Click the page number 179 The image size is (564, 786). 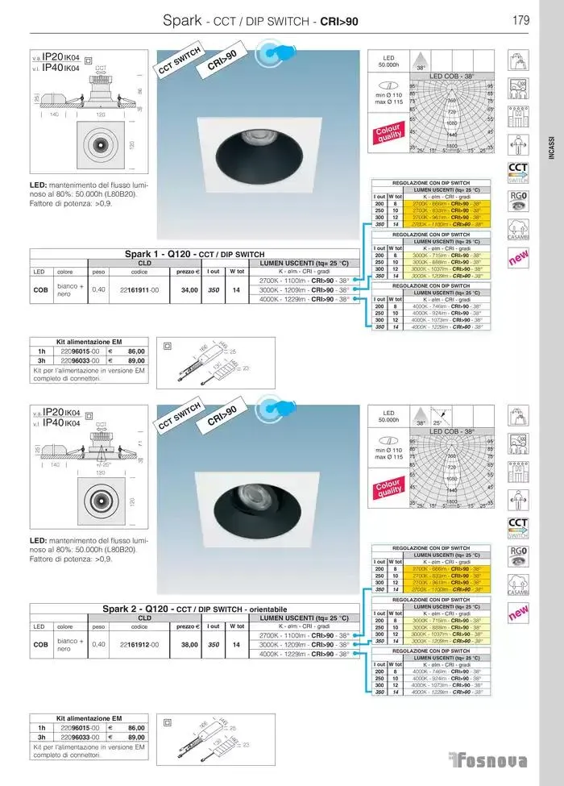pyautogui.click(x=520, y=20)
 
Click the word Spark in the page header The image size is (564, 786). pyautogui.click(x=181, y=20)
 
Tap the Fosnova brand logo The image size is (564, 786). pyautogui.click(x=489, y=761)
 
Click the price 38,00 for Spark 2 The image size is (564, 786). pyautogui.click(x=189, y=644)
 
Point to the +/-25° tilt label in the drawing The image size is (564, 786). pyautogui.click(x=102, y=464)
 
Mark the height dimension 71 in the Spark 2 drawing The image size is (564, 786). pyautogui.click(x=139, y=443)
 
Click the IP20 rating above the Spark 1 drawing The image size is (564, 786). pyautogui.click(x=52, y=57)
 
